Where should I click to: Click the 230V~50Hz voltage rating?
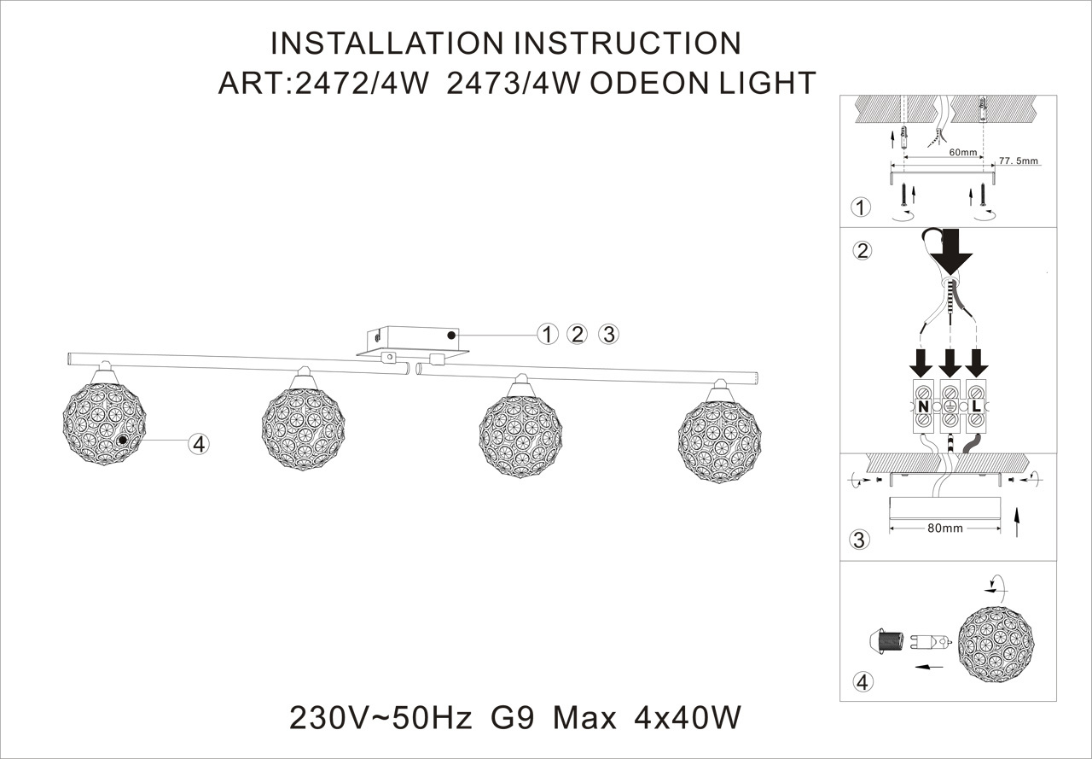coord(380,718)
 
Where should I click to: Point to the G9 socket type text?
coord(513,718)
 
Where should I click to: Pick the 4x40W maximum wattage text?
coord(688,718)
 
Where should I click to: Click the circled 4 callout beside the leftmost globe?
coord(198,443)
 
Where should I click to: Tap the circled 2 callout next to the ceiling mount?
coord(578,334)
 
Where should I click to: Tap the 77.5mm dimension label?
coord(1019,160)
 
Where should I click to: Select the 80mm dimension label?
coord(945,528)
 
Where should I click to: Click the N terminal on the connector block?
coord(923,407)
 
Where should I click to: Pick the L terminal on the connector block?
coord(976,407)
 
